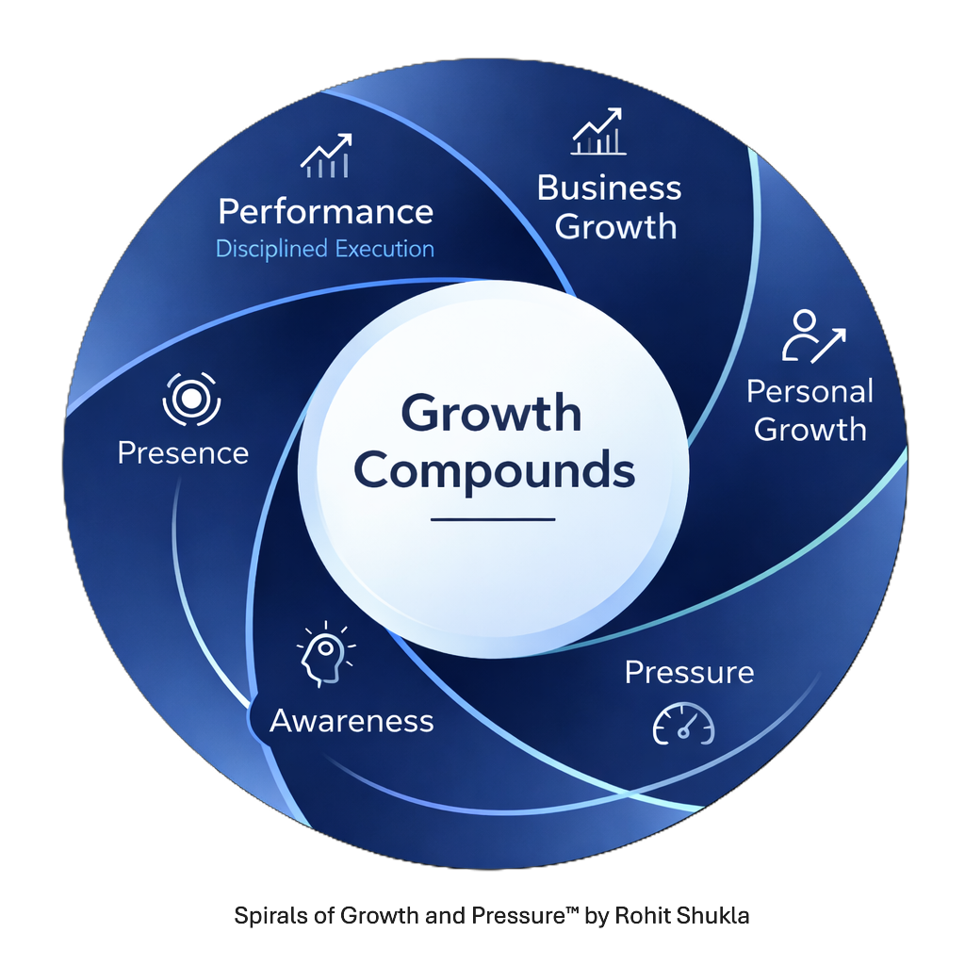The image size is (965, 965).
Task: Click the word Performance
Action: (x=325, y=211)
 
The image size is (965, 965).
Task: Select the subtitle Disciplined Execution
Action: (x=325, y=249)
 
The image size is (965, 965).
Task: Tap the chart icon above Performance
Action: (x=326, y=156)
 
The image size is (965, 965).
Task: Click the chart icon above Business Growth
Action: (x=597, y=132)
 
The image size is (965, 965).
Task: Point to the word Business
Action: (x=609, y=188)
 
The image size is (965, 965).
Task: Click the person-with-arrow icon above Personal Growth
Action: (x=812, y=337)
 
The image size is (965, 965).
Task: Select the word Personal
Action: (x=810, y=391)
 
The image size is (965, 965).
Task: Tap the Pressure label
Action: (x=689, y=672)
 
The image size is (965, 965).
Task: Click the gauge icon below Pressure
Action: (x=684, y=724)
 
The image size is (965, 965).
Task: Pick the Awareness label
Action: (x=352, y=721)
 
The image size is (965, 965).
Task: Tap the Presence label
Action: (x=183, y=452)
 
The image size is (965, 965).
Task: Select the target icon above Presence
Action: (x=190, y=399)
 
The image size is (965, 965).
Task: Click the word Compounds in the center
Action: (x=495, y=469)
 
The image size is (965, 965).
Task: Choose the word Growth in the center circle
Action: (x=491, y=413)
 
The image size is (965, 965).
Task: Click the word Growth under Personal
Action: (x=810, y=430)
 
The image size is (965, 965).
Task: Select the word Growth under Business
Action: (x=615, y=226)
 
